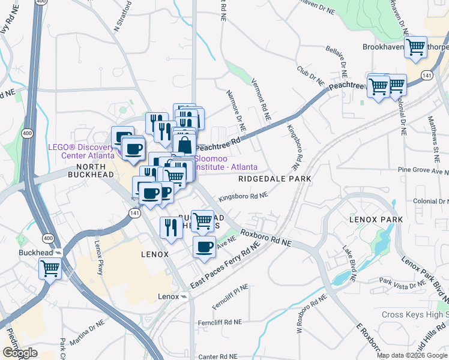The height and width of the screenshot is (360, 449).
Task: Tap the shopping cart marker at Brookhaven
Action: click(x=415, y=47)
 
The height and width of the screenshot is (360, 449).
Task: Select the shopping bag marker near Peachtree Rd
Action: click(x=184, y=144)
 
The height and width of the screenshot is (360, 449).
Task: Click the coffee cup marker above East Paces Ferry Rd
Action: click(x=204, y=247)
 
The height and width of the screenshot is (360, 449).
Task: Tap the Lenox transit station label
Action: click(x=169, y=296)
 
